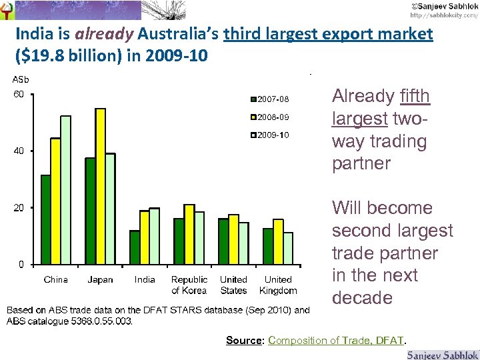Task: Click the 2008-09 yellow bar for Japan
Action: [100, 186]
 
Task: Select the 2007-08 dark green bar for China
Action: [45, 219]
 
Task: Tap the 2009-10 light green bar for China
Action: [65, 190]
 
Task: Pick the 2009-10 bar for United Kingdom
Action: [288, 248]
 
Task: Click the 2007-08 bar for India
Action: [135, 247]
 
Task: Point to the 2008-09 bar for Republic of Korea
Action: [189, 234]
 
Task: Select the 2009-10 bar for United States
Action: [243, 243]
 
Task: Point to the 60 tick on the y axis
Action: [19, 94]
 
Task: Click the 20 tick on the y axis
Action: [19, 208]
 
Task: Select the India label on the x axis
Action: [145, 280]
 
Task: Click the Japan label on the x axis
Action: [100, 280]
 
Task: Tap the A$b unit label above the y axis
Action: [21, 80]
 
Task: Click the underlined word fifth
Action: [415, 97]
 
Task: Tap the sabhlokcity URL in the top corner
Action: [443, 14]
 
